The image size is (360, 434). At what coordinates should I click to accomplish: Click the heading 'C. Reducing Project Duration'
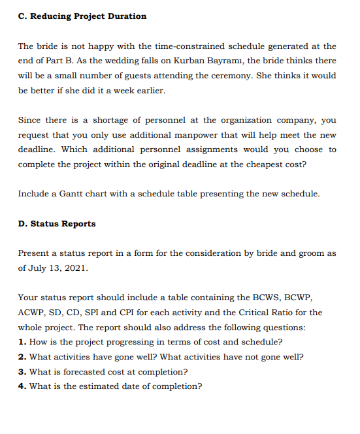click(82, 16)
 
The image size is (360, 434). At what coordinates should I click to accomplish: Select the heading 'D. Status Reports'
click(57, 224)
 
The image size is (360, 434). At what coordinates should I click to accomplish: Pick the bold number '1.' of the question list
click(22, 342)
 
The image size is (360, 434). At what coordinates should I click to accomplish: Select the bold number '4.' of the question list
click(22, 386)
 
